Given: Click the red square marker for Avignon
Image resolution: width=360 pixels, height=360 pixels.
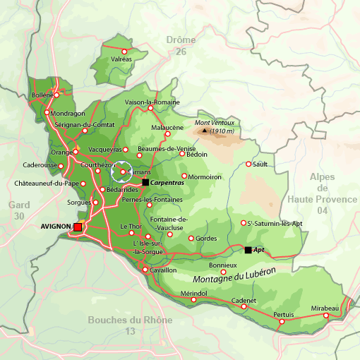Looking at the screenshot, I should (x=78, y=227).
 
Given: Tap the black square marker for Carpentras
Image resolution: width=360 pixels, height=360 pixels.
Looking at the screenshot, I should (x=145, y=182).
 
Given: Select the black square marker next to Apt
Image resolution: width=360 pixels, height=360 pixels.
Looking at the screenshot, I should (x=248, y=250).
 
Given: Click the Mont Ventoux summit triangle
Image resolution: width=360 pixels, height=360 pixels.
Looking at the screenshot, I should (x=205, y=130).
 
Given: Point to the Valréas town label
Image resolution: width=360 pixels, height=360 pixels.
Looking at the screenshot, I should (x=121, y=59).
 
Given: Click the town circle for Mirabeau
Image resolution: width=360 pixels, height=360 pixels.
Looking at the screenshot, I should (x=326, y=316).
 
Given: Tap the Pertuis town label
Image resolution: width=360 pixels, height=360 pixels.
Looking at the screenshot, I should (x=283, y=313).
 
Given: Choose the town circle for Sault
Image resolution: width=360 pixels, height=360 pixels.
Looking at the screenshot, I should (x=248, y=164).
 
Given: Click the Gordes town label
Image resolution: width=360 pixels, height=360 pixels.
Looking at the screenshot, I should (x=206, y=239).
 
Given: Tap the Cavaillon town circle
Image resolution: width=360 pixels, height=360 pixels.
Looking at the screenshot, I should (x=145, y=270).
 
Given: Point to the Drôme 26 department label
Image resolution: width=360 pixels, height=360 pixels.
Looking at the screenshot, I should (x=181, y=46).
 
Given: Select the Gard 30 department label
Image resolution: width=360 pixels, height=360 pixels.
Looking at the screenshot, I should (x=18, y=210).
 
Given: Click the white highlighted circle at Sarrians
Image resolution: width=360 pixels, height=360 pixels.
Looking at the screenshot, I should (x=122, y=172).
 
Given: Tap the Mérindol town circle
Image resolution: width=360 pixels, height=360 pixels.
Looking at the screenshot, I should (x=193, y=299).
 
